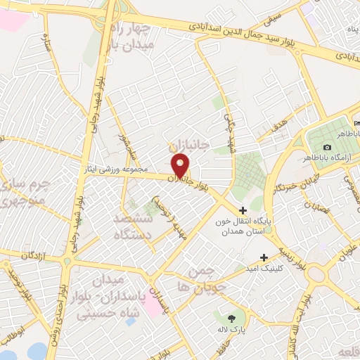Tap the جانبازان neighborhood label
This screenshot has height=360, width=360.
[x=189, y=145]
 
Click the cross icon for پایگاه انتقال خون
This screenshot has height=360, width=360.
[x=243, y=210]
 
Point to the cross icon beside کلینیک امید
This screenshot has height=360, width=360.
[x=264, y=257]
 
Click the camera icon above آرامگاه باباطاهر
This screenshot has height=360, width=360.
[x=327, y=146]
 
